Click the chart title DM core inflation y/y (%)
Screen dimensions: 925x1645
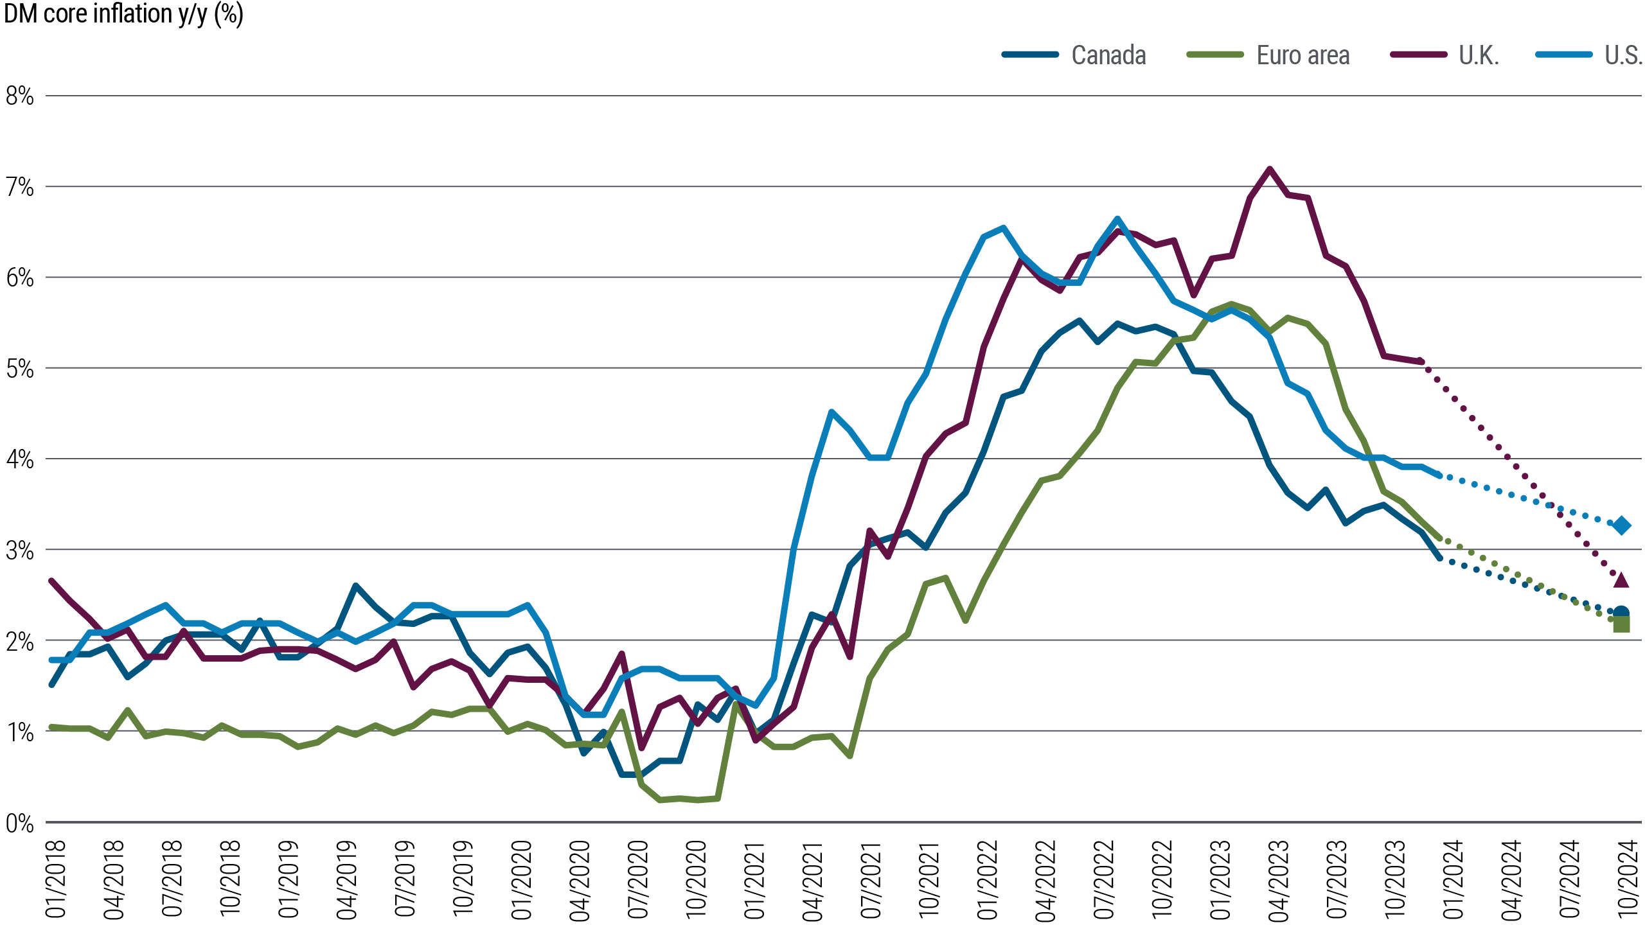pyautogui.click(x=123, y=14)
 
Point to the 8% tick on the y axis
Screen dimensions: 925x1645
pyautogui.click(x=19, y=96)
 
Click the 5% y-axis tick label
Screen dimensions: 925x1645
pyautogui.click(x=19, y=369)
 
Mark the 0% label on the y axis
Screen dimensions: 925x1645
pyautogui.click(x=19, y=823)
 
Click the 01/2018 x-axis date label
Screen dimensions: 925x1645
pyautogui.click(x=55, y=879)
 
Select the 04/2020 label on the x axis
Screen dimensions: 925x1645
pyautogui.click(x=580, y=879)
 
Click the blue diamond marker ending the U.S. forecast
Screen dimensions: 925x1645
pyautogui.click(x=1621, y=525)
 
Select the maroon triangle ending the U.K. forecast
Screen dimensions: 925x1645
pyautogui.click(x=1621, y=580)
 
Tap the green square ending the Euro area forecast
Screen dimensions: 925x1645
pyautogui.click(x=1621, y=624)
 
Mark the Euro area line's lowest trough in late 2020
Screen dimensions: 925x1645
pyautogui.click(x=661, y=800)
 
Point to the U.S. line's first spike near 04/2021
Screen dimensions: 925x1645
pyautogui.click(x=831, y=411)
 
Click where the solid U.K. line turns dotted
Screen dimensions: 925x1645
pyautogui.click(x=1421, y=362)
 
